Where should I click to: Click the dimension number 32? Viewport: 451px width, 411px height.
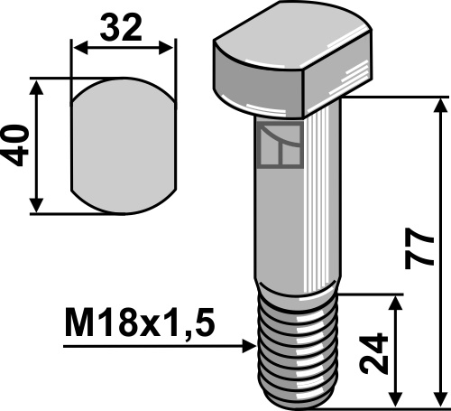[120, 29]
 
